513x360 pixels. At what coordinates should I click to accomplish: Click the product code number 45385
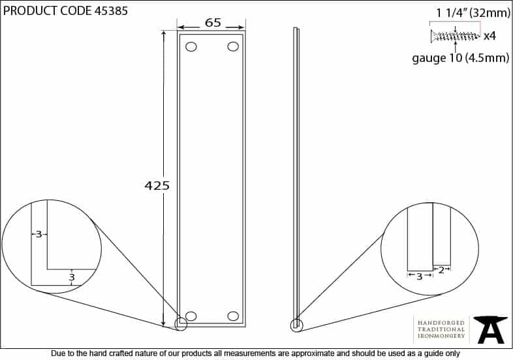tap(111, 11)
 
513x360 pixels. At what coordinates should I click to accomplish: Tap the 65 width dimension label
tap(213, 23)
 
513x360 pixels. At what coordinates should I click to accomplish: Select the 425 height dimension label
tap(157, 185)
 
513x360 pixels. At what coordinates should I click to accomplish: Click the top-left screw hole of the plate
tap(191, 47)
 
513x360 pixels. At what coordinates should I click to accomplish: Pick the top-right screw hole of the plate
tap(233, 46)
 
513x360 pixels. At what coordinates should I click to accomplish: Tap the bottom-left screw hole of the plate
tap(191, 316)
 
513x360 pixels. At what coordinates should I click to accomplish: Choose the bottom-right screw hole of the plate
tap(233, 316)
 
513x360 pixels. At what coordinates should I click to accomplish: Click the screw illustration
tap(456, 36)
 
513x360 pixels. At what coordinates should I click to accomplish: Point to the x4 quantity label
tap(490, 36)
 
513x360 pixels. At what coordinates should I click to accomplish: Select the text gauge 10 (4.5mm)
tap(460, 58)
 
